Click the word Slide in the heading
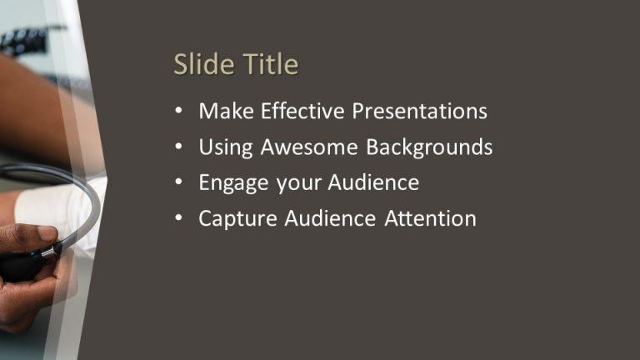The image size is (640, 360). [x=197, y=65]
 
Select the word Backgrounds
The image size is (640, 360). [x=429, y=147]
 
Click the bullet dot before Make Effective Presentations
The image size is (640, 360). [x=178, y=111]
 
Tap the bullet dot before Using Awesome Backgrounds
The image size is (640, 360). [x=178, y=147]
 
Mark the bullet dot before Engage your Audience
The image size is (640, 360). [x=178, y=183]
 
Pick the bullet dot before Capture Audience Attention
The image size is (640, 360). [x=178, y=219]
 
